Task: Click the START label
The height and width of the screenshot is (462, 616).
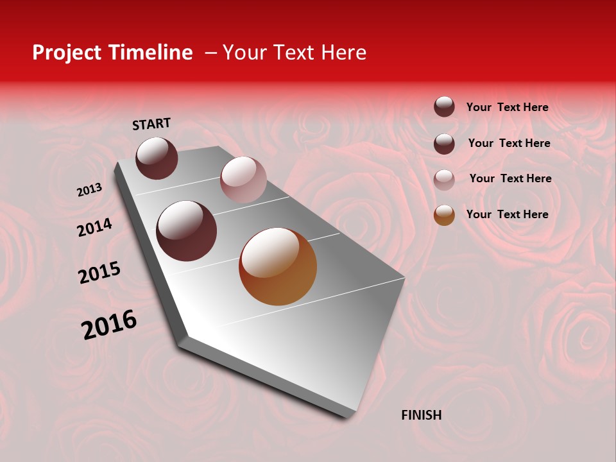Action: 151,124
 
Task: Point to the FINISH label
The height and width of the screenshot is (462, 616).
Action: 421,415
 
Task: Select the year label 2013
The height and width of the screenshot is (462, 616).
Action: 89,190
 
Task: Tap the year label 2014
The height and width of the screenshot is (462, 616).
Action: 94,227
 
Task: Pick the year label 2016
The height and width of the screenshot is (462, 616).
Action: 109,325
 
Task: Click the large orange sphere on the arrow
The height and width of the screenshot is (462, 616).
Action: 278,266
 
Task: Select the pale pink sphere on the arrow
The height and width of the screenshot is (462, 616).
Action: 243,180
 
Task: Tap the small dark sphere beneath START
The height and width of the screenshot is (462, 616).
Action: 157,158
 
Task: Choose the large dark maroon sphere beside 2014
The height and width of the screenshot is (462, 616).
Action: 186,231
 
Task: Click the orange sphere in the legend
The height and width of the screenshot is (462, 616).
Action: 444,215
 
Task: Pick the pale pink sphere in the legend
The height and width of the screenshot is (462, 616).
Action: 444,179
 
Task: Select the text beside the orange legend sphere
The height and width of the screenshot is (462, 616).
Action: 507,214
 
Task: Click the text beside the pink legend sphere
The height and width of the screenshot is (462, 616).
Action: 510,178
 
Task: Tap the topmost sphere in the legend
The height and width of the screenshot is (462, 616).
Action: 444,107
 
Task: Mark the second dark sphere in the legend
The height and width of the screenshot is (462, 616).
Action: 444,143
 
